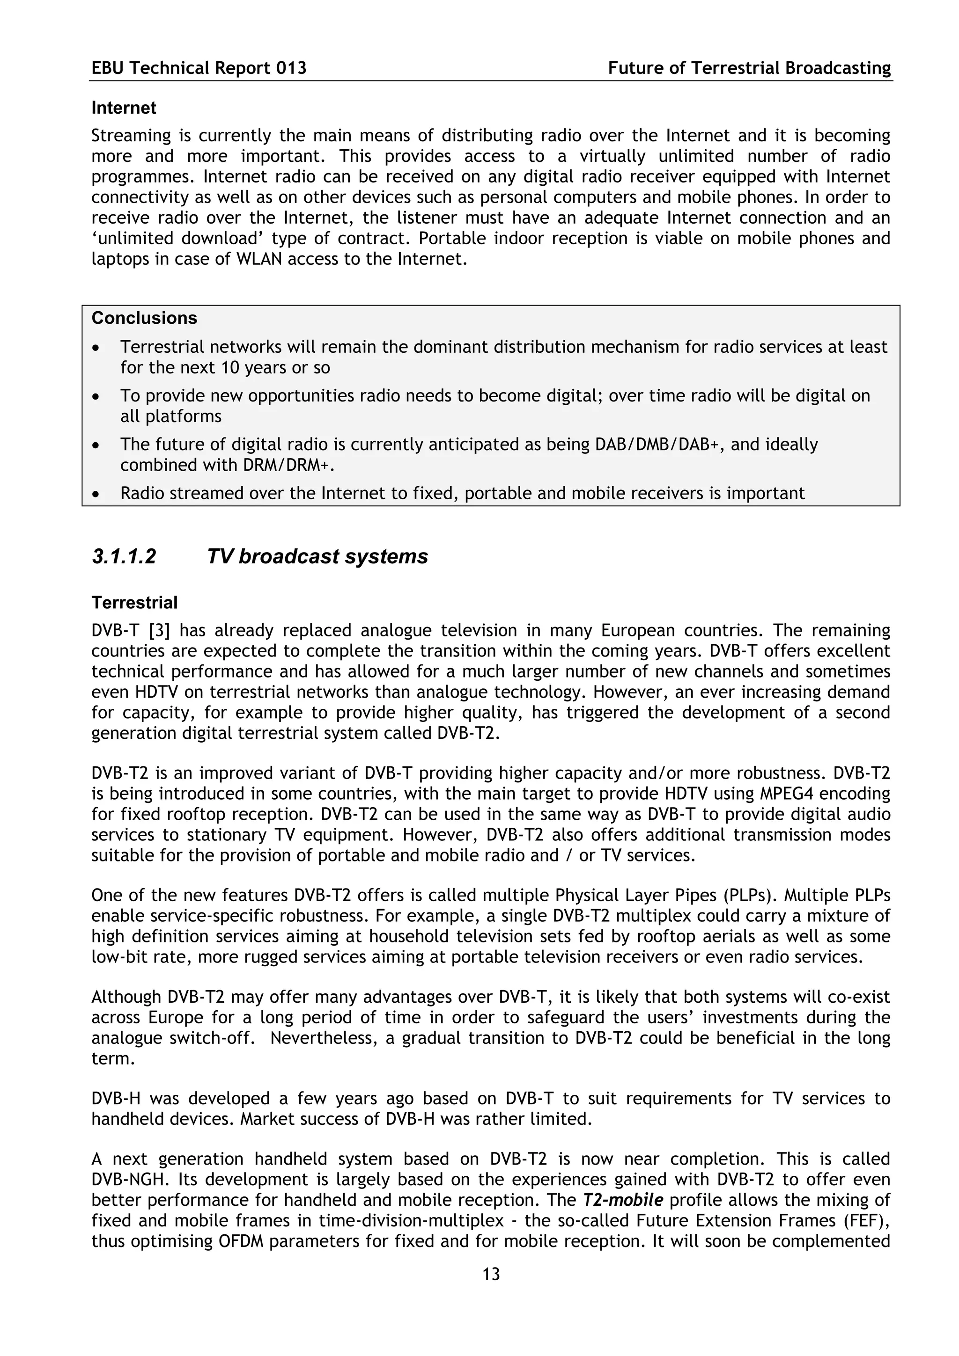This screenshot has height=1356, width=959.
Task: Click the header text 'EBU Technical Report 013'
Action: click(x=199, y=68)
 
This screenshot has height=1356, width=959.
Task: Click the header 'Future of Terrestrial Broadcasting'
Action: click(x=749, y=68)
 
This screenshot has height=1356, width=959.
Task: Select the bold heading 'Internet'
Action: click(x=124, y=108)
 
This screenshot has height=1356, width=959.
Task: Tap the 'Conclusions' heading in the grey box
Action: click(x=144, y=318)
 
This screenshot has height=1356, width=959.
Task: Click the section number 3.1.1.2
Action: click(x=124, y=556)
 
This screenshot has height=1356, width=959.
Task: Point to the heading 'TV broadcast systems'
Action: click(x=317, y=556)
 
